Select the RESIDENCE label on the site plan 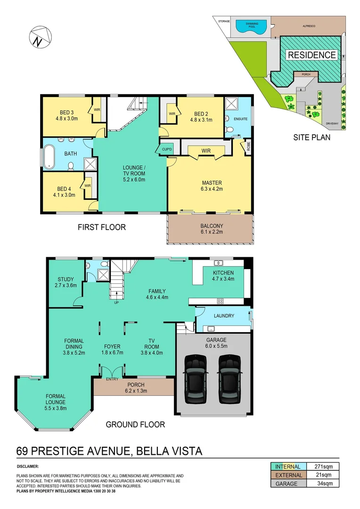tap(312, 55)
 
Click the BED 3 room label tap(66, 113)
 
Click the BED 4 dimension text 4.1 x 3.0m tap(64, 194)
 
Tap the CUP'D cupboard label tap(167, 150)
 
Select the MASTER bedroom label tap(212, 183)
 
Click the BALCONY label tap(212, 226)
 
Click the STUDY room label tap(66, 279)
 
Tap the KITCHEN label tap(223, 273)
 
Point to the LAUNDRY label tap(223, 316)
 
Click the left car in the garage tap(196, 378)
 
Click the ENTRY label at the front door tap(112, 379)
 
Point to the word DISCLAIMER tap(28, 466)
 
